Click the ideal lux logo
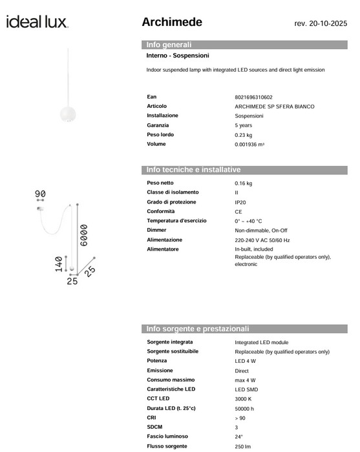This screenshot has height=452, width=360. click(37, 23)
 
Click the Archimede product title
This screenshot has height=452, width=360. click(172, 23)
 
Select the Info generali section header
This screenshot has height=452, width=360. click(169, 45)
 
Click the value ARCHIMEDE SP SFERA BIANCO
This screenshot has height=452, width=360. click(275, 106)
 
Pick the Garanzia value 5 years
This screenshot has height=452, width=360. click(244, 125)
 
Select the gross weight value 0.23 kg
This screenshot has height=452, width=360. click(244, 135)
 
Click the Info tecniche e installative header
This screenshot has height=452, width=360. click(194, 170)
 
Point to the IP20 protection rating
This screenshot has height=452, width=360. click(240, 202)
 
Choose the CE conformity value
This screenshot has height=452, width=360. click(238, 212)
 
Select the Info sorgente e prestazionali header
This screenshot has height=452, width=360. click(198, 329)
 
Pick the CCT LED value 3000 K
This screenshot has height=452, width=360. click(245, 398)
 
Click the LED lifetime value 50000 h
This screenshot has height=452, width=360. click(244, 408)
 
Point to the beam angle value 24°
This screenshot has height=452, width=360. click(239, 436)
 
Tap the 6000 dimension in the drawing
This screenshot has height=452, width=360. click(85, 238)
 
